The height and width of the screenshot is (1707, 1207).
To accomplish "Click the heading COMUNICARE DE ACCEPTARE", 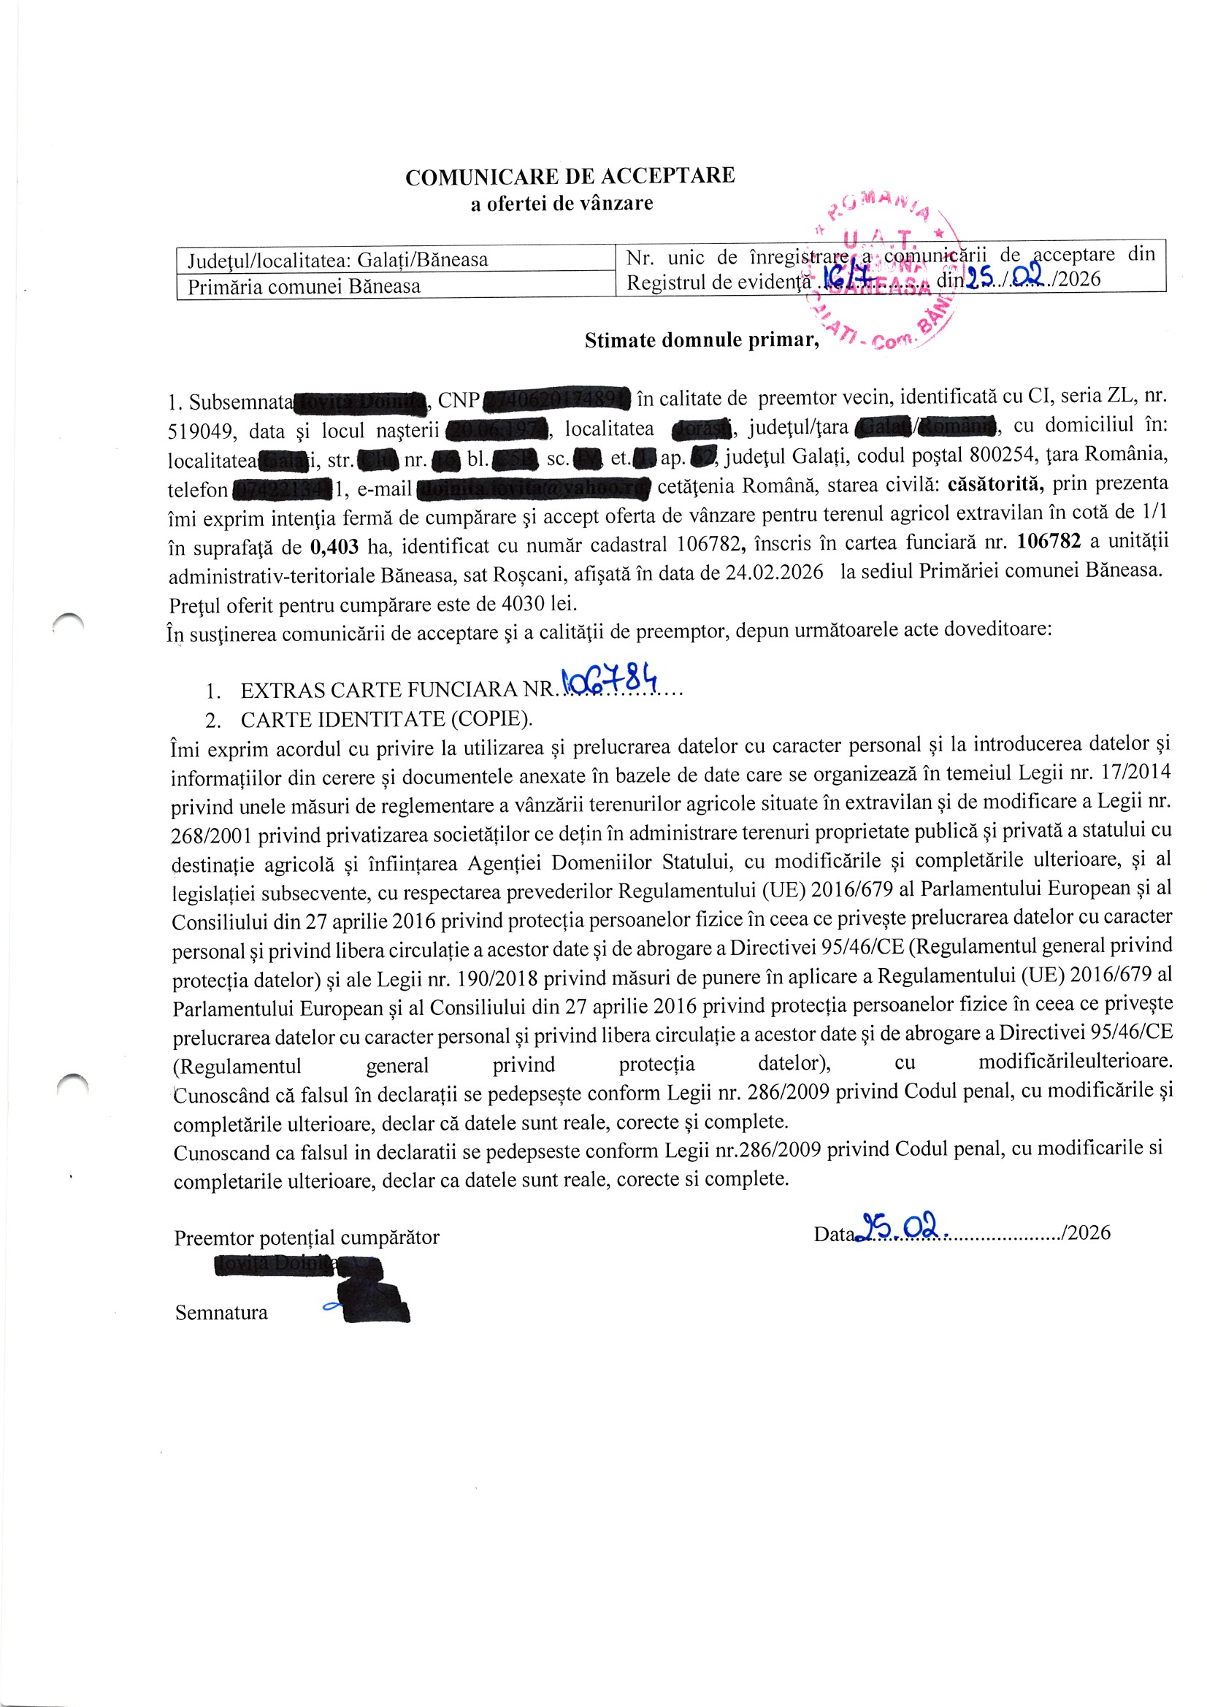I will (570, 176).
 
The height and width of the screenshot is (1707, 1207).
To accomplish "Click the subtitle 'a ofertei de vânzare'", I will (562, 204).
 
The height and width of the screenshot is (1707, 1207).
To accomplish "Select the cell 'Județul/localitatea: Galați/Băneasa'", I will (337, 260).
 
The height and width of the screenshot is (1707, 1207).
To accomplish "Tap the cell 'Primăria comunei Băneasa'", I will (304, 287).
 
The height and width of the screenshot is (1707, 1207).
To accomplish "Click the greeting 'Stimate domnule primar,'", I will (701, 340).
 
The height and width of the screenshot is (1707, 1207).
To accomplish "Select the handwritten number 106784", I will (610, 679).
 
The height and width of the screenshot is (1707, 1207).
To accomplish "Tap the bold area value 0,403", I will (334, 547).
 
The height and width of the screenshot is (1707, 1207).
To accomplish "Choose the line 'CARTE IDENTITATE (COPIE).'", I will (386, 720).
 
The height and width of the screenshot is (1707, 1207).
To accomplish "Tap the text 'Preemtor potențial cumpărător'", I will (307, 1238).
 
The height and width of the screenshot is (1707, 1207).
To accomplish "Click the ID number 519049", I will (201, 431).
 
